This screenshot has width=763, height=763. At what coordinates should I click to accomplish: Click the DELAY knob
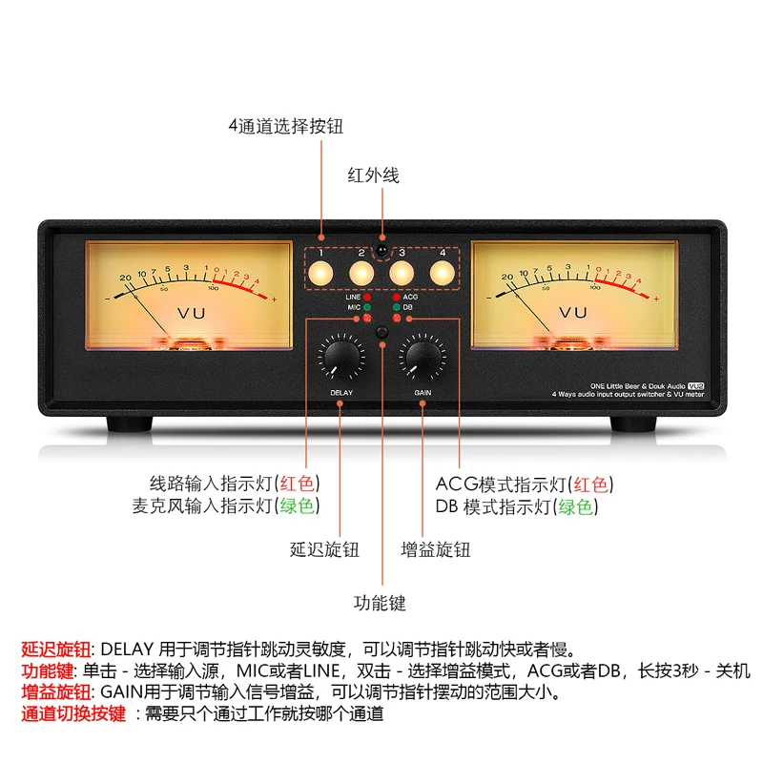[x=341, y=358]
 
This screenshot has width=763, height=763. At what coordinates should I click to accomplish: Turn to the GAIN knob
[x=423, y=358]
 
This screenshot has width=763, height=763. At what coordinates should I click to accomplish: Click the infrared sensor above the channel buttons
[x=381, y=251]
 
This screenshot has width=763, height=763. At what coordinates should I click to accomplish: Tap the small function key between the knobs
[x=381, y=333]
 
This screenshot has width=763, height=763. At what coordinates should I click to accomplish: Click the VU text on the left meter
[x=190, y=312]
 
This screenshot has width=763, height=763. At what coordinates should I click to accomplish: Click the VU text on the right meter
[x=573, y=312]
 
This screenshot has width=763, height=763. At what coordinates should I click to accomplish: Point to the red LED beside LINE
[x=367, y=298]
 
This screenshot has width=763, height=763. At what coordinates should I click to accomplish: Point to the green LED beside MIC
[x=367, y=308]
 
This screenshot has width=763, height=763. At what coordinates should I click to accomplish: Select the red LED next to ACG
[x=395, y=298]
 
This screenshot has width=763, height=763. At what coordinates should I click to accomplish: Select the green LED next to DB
[x=395, y=308]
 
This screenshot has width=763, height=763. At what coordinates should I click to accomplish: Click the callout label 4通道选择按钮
[x=285, y=126]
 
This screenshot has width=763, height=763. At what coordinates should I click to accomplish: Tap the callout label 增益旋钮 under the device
[x=436, y=549]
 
